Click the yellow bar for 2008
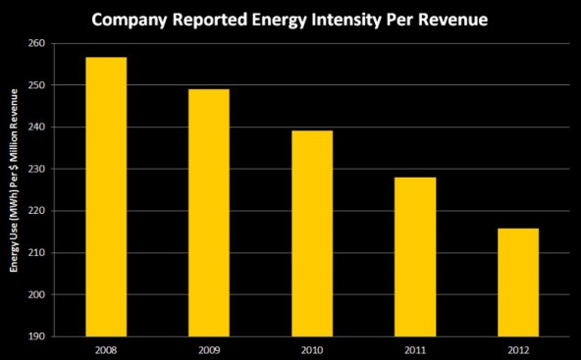105,196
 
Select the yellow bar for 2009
208,212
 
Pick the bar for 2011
414,256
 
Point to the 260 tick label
34,43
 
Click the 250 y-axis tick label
34,85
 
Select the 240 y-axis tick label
34,128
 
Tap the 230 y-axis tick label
34,169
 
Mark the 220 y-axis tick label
34,211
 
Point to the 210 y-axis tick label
34,253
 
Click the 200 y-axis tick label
34,294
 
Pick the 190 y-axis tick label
34,336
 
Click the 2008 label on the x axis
105,348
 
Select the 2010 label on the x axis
311,348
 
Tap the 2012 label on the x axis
517,348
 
